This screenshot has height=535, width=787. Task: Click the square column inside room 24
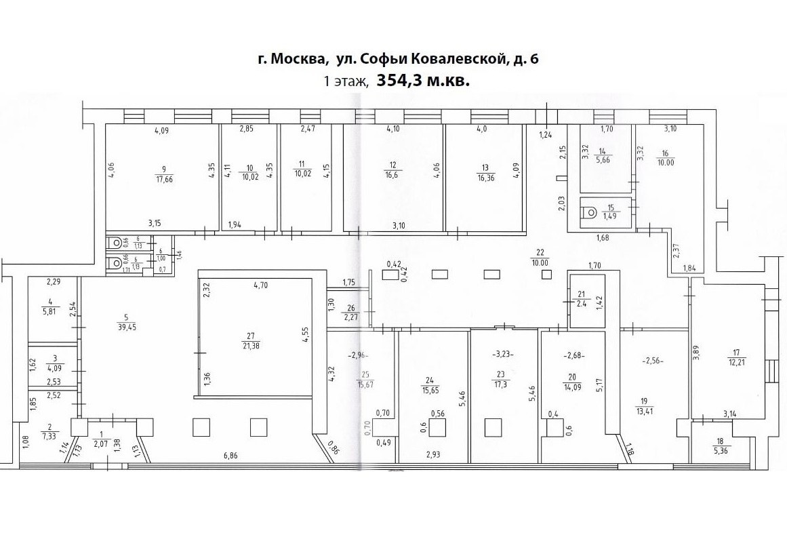437,428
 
